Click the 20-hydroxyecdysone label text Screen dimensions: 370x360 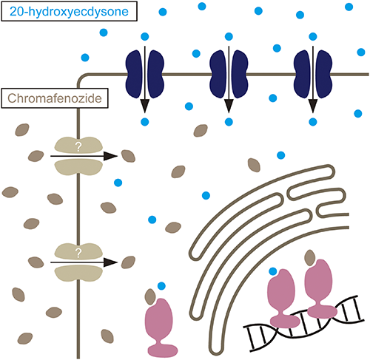[69, 12]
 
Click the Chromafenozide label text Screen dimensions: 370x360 [55, 98]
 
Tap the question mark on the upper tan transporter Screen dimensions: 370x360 [78, 147]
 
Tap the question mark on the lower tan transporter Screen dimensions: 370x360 [78, 253]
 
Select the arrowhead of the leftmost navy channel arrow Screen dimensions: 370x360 [145, 106]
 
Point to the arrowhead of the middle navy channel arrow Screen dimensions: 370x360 [229, 106]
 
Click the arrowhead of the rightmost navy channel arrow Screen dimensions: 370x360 [313, 106]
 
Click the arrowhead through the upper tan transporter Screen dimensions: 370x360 [110, 156]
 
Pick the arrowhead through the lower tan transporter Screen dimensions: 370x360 [110, 262]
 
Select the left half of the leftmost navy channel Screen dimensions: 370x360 [134, 74]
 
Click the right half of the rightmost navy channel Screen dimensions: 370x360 [324, 74]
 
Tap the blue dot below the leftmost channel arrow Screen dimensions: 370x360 [145, 122]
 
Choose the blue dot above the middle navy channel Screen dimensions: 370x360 [229, 36]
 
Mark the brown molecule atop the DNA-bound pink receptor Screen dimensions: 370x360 [310, 257]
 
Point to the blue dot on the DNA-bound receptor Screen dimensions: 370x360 [273, 271]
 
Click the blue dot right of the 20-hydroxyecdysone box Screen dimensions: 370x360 [163, 12]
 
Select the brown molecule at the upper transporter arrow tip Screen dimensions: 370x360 [128, 156]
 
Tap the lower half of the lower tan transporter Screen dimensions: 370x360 [78, 274]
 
